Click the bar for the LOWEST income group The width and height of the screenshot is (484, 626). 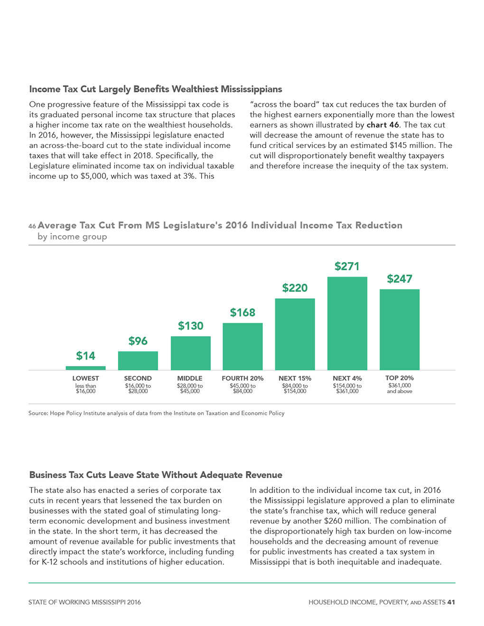pos(85,368)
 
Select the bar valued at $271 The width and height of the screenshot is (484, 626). pos(347,323)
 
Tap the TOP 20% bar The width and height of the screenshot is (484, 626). pos(399,330)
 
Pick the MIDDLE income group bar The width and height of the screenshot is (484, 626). pos(190,353)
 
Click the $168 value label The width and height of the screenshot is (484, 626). pos(242,313)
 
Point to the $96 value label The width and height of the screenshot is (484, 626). pos(138,341)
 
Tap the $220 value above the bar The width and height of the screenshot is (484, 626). pos(295,288)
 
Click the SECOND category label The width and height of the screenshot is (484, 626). pos(138,378)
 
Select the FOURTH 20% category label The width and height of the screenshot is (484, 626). pos(242,378)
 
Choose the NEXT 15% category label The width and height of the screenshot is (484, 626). pos(295,378)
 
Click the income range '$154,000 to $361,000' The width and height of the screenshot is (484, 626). pos(347,388)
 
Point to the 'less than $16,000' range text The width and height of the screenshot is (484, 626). pos(85,388)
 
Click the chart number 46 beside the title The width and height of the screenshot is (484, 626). pos(32,226)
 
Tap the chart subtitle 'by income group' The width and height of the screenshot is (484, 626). pos(72,237)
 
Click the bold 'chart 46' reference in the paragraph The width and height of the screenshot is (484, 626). pos(382,125)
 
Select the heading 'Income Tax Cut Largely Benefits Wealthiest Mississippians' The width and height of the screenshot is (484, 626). pos(156,89)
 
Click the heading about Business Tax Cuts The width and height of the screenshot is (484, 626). pos(156,475)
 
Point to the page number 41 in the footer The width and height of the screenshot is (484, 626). pos(451,602)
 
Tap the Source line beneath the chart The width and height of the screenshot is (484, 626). pos(156,413)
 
